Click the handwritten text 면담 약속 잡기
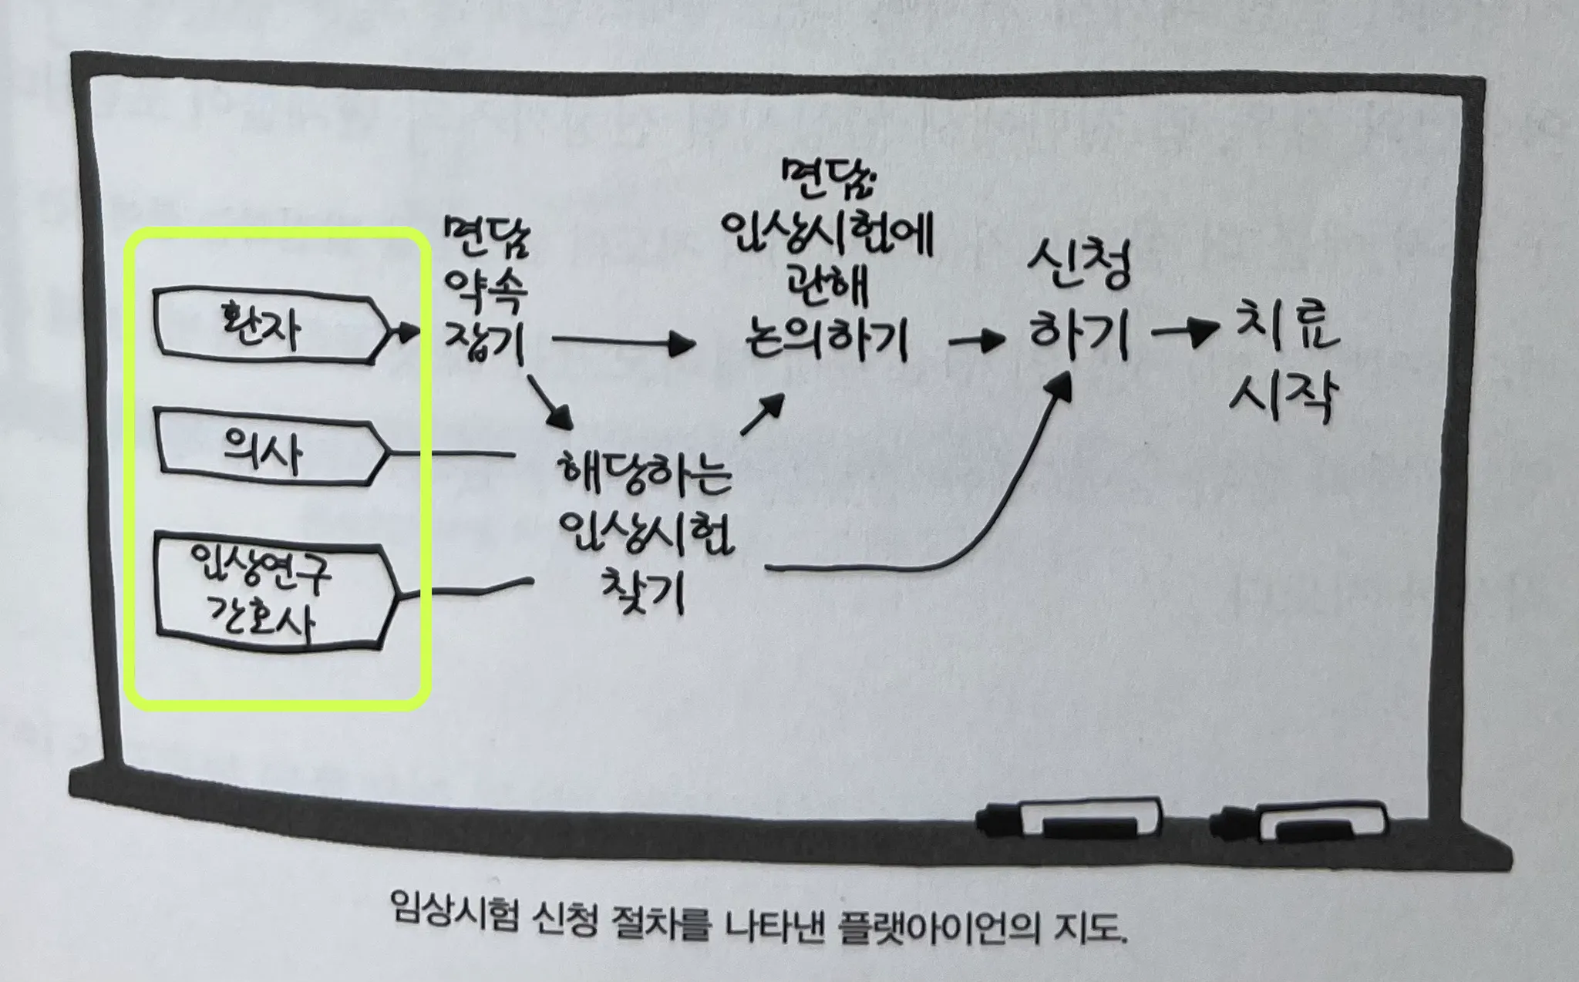[486, 293]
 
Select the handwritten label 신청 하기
[1079, 308]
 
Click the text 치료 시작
[1284, 362]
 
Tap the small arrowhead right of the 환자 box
[406, 332]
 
